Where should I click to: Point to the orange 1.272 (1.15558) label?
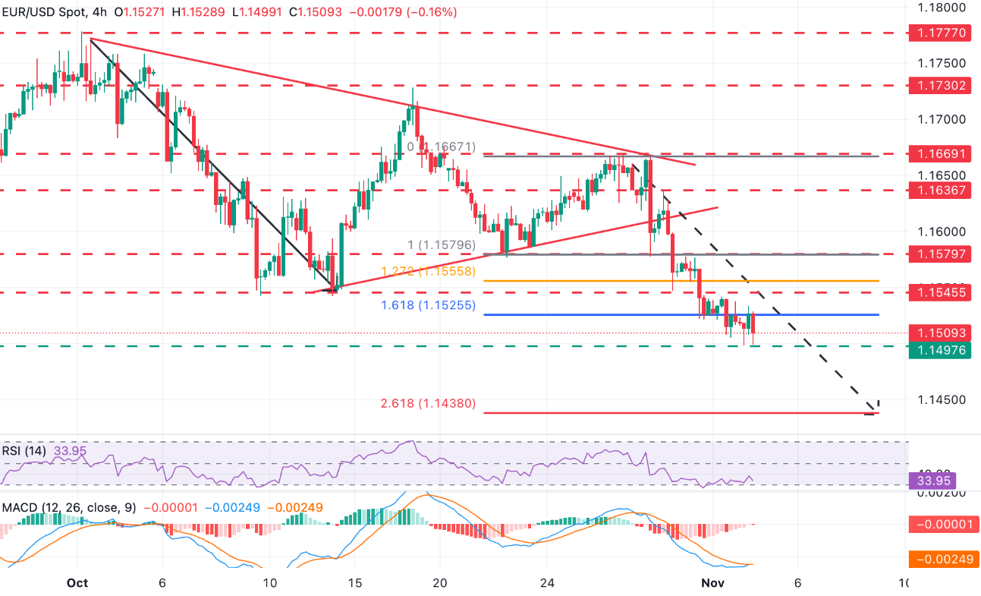click(428, 271)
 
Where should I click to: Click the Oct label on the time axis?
click(77, 583)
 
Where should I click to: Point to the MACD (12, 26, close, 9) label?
click(68, 507)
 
